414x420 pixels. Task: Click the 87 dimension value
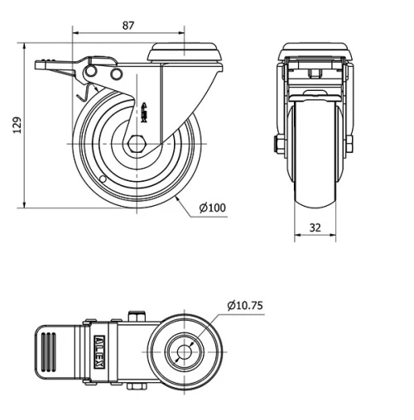(x=128, y=26)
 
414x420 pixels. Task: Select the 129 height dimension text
(x=16, y=123)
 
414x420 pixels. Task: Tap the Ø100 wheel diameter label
(x=213, y=208)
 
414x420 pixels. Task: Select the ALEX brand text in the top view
(x=99, y=343)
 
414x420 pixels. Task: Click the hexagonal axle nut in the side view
(x=137, y=143)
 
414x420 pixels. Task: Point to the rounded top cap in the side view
(x=185, y=53)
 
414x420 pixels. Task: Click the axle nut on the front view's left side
(x=277, y=146)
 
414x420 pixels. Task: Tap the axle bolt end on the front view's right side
(x=350, y=145)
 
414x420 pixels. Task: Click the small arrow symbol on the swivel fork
(x=146, y=109)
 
